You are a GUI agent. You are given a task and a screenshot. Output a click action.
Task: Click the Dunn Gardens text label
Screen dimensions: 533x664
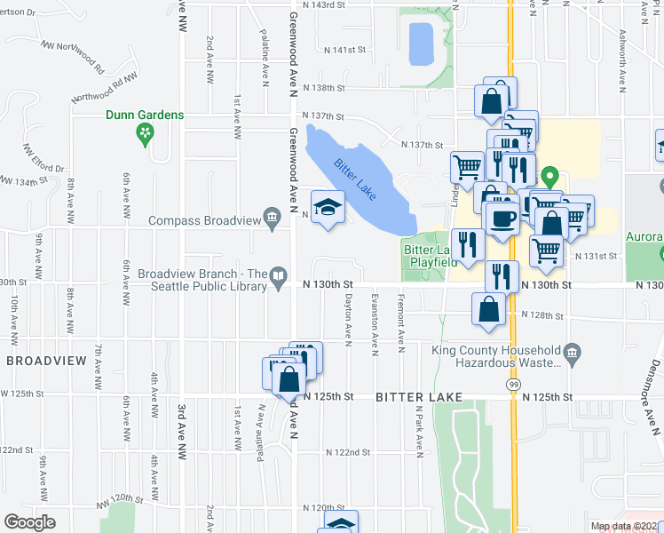[145, 115]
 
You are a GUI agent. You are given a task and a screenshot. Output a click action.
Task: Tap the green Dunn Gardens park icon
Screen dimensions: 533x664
[145, 134]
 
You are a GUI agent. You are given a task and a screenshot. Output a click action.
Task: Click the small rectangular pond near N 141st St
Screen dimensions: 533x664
[420, 43]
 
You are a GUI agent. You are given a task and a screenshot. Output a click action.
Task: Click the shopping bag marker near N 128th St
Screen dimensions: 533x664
[488, 310]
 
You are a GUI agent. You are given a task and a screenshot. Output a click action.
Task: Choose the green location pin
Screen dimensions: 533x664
[549, 178]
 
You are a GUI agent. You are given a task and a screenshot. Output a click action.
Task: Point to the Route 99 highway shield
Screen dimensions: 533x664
[513, 383]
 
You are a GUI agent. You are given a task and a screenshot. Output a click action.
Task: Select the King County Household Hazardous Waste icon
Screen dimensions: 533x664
[571, 355]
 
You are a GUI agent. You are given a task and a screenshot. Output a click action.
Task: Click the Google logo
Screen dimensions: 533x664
[29, 522]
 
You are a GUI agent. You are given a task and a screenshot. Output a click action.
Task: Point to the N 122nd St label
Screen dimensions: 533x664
[346, 452]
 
